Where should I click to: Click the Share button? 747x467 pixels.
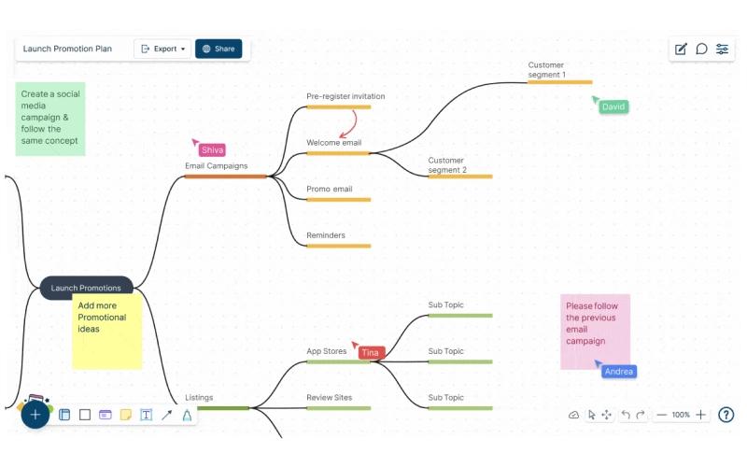click(218, 49)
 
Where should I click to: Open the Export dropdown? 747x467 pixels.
click(162, 49)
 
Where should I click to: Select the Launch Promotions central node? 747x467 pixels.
click(86, 288)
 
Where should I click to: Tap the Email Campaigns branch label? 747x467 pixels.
click(217, 166)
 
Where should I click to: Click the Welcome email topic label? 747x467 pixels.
click(334, 143)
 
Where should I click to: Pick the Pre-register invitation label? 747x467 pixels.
click(345, 96)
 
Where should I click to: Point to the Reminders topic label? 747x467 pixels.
click(325, 235)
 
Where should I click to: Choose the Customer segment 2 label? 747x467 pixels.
click(447, 165)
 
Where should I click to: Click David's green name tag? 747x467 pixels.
click(613, 106)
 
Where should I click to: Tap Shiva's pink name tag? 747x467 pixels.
click(212, 150)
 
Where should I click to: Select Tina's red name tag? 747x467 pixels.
click(370, 353)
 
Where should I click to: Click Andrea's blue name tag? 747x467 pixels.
click(619, 372)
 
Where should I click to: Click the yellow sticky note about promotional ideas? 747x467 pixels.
click(107, 332)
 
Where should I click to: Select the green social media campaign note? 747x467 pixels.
click(50, 119)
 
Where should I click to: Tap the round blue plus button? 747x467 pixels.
click(35, 415)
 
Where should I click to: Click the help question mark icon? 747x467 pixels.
click(726, 415)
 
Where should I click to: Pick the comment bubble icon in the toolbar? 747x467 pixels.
click(701, 49)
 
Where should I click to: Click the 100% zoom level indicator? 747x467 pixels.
click(681, 415)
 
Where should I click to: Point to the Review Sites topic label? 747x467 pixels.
click(330, 398)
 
